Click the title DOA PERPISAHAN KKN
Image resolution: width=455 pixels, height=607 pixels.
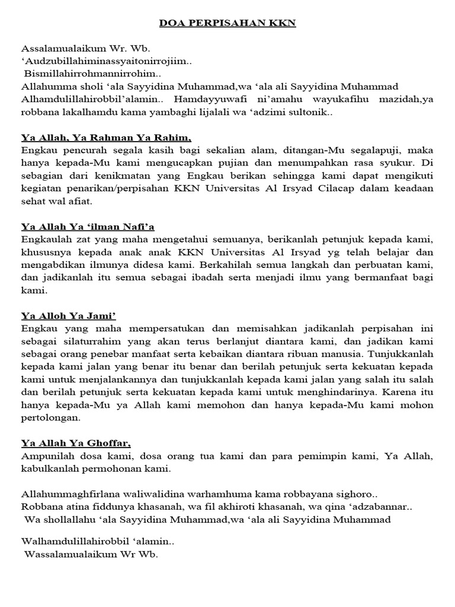(x=227, y=24)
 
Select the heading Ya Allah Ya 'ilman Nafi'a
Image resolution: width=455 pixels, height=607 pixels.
(x=88, y=226)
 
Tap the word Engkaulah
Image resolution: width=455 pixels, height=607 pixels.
(x=47, y=239)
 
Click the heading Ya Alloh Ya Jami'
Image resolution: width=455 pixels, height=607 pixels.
(x=68, y=315)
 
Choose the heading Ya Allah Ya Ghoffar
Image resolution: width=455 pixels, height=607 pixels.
(x=76, y=443)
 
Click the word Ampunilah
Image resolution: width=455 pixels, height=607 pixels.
(x=47, y=456)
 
